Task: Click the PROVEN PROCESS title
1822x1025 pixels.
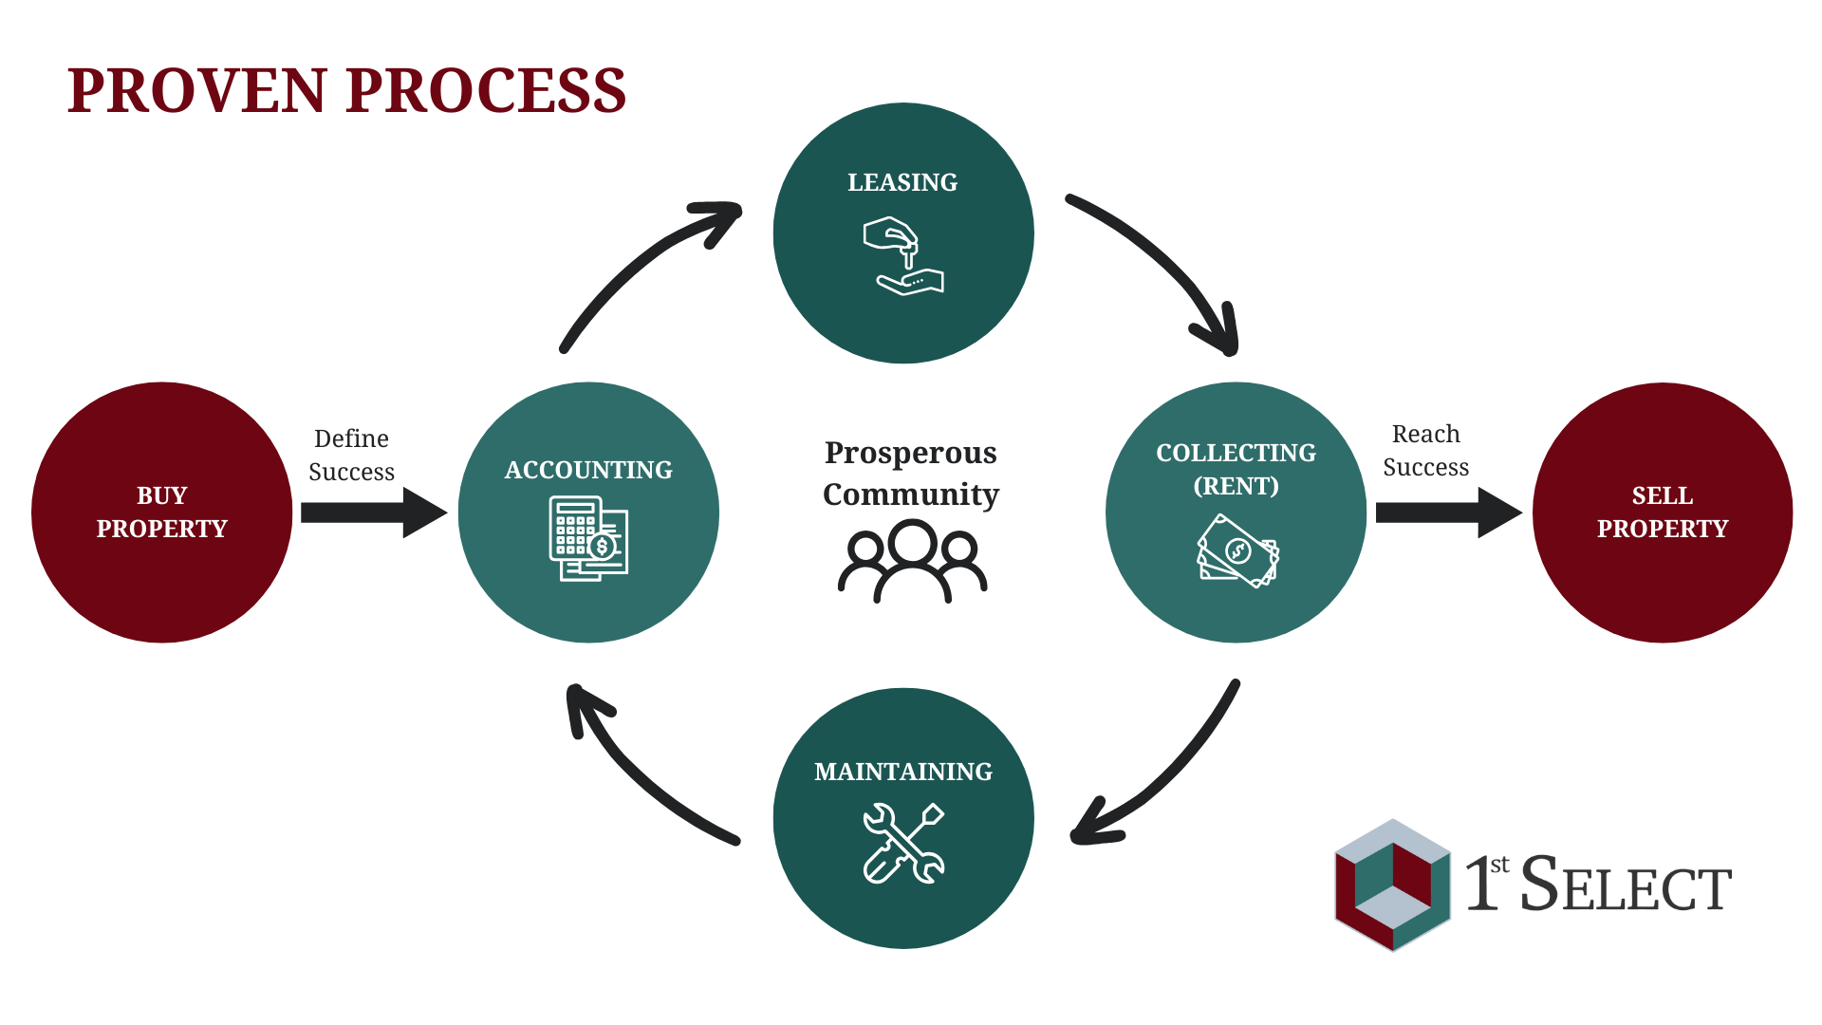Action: [x=346, y=91]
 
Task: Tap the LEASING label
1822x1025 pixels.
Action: [x=902, y=182]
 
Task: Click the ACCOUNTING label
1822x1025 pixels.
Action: [x=588, y=470]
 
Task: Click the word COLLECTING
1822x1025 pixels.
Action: [x=1236, y=453]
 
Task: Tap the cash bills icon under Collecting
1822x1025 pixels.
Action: [x=1237, y=550]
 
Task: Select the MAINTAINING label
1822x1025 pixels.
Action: [x=903, y=772]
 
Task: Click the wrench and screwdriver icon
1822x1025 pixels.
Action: [x=903, y=843]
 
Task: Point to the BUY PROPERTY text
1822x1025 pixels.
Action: [x=162, y=512]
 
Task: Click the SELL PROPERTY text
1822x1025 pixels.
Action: [x=1663, y=512]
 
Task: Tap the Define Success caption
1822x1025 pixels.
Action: [x=351, y=455]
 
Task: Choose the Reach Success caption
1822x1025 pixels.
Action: [x=1425, y=450]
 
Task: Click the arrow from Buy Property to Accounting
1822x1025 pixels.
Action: [x=373, y=512]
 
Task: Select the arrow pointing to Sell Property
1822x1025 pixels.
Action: [x=1448, y=512]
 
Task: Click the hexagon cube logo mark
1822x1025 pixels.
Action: [x=1393, y=885]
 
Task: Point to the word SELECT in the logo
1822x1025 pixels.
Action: [x=1627, y=885]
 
